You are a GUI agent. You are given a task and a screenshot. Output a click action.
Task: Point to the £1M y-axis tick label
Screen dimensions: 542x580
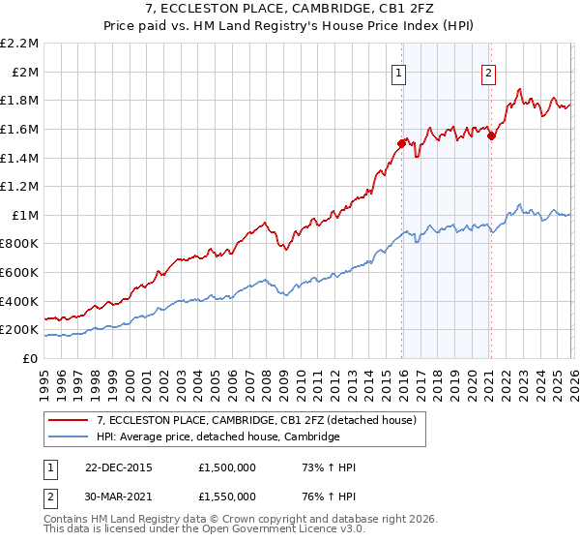[x=25, y=215]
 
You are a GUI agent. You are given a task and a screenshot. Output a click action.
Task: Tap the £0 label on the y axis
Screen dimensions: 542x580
[x=31, y=358]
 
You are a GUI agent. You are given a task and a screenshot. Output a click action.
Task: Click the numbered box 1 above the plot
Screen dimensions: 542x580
[x=399, y=71]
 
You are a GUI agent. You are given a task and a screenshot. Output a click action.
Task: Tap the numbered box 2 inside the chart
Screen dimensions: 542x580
[x=489, y=71]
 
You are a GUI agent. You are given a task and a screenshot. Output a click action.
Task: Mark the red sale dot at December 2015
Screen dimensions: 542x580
[x=401, y=143]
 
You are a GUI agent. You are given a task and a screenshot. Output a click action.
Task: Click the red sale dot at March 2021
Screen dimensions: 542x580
[x=491, y=136]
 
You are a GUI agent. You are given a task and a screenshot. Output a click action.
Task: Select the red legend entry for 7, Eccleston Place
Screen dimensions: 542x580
[x=256, y=420]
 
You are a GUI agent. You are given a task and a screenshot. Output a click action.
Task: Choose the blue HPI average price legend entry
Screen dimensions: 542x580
[x=217, y=437]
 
